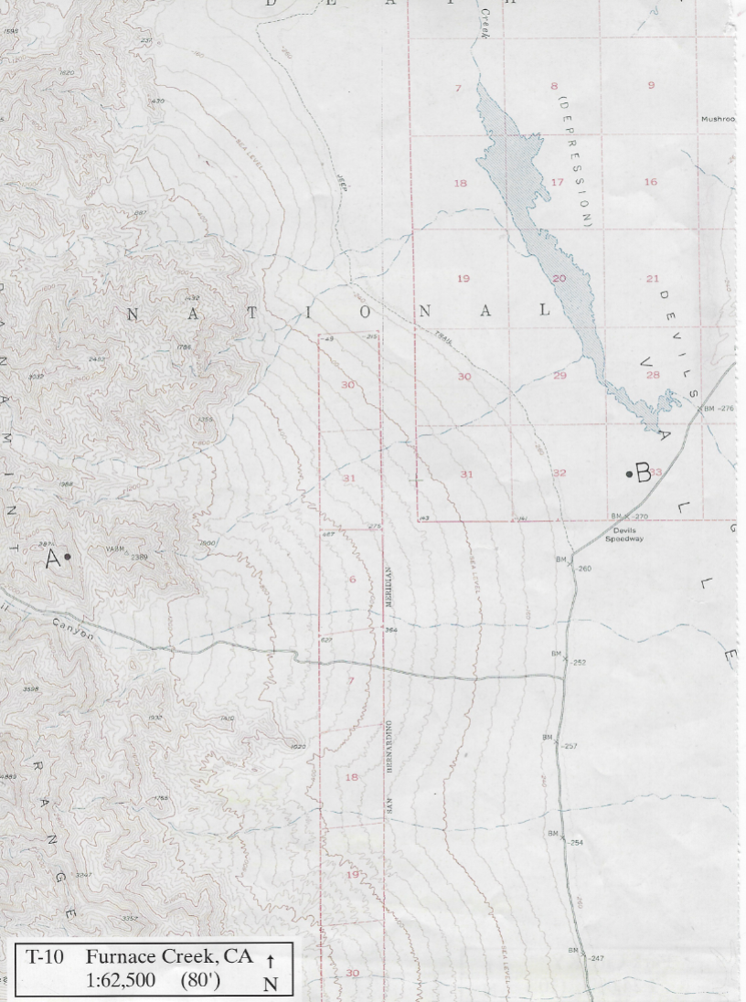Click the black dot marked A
[x=67, y=556]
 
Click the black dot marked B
[x=629, y=474]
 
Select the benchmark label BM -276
[x=719, y=409]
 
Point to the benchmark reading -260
[x=583, y=569]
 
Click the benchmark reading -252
[x=578, y=663]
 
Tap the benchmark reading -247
[x=596, y=958]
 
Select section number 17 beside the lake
[x=558, y=183]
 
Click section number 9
[x=651, y=86]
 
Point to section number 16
[x=650, y=183]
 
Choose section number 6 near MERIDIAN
[x=352, y=581]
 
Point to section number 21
[x=652, y=279]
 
